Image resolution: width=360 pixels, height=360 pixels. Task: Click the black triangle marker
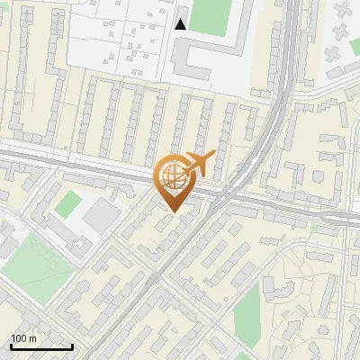[x=181, y=24]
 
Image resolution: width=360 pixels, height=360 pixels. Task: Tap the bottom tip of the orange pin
[x=173, y=211]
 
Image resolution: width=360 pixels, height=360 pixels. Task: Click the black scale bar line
[x=41, y=346]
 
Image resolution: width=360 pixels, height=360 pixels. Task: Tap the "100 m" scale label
[x=23, y=338]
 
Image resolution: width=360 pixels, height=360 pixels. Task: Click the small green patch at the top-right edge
[x=354, y=46]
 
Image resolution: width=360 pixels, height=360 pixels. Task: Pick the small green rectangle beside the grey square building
[x=66, y=203]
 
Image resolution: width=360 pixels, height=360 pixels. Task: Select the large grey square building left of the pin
[x=102, y=213]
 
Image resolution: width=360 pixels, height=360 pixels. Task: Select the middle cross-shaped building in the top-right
[x=341, y=33]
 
